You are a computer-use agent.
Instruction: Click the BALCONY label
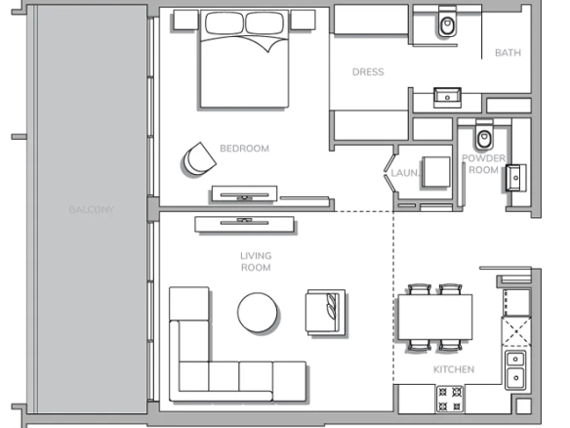tap(91, 210)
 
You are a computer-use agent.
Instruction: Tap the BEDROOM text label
tap(244, 149)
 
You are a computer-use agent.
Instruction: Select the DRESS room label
tap(368, 72)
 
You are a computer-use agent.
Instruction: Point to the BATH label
tap(508, 53)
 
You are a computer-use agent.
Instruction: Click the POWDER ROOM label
tap(483, 164)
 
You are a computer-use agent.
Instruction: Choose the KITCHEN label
tap(454, 369)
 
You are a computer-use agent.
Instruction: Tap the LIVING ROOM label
tap(256, 262)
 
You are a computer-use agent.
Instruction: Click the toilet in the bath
tap(447, 21)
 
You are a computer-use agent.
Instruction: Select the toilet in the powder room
tap(484, 135)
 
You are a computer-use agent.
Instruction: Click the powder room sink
tap(515, 178)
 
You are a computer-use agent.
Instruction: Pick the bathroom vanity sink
tap(447, 97)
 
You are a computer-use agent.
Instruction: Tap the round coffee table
tap(258, 313)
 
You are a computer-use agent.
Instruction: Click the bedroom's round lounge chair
tap(198, 159)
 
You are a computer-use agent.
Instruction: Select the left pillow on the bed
tap(224, 23)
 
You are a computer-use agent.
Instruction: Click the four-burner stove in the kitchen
tap(450, 400)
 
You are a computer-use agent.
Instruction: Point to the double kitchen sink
tap(515, 368)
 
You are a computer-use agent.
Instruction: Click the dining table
tap(435, 317)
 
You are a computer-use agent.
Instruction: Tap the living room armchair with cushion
tap(325, 312)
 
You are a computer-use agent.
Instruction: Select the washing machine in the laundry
tap(436, 172)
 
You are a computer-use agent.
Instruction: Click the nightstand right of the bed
tap(303, 20)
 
